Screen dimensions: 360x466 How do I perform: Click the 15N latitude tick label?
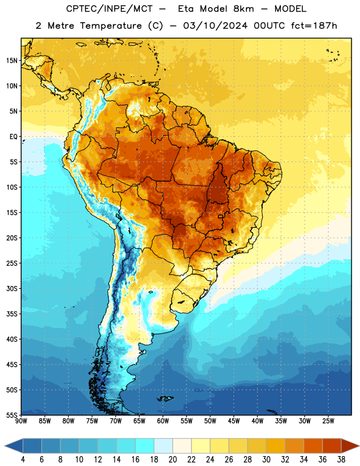coord(12,61)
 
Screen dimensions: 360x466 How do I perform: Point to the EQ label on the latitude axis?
coord(13,137)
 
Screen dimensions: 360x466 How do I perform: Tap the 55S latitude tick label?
coord(12,415)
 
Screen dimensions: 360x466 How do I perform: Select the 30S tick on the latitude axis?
coord(12,288)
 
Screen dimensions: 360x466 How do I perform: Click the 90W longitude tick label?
coord(21,421)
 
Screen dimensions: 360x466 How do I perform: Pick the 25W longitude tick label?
coord(328,421)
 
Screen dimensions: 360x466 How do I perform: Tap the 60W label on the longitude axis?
coord(163,421)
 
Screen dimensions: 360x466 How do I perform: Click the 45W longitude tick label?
coord(234,421)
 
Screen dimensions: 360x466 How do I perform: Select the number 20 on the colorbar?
coord(172,460)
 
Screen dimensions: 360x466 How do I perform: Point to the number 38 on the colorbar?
coord(341,460)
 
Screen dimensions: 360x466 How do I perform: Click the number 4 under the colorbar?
coord(23,460)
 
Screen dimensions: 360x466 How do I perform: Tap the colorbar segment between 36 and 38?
coord(332,446)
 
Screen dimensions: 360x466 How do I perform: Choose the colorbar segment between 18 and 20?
coord(164,446)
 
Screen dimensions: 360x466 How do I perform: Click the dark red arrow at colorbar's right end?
coord(350,446)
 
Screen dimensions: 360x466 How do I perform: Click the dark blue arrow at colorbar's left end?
coord(13,446)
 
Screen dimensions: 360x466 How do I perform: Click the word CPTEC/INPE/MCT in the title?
coord(110,9)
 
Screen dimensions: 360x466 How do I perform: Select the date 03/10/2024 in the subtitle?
coord(215,26)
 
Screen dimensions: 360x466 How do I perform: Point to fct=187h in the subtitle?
coord(314,26)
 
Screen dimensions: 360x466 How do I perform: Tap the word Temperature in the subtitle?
coord(111,26)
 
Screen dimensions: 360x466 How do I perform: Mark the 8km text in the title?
coord(243,9)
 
